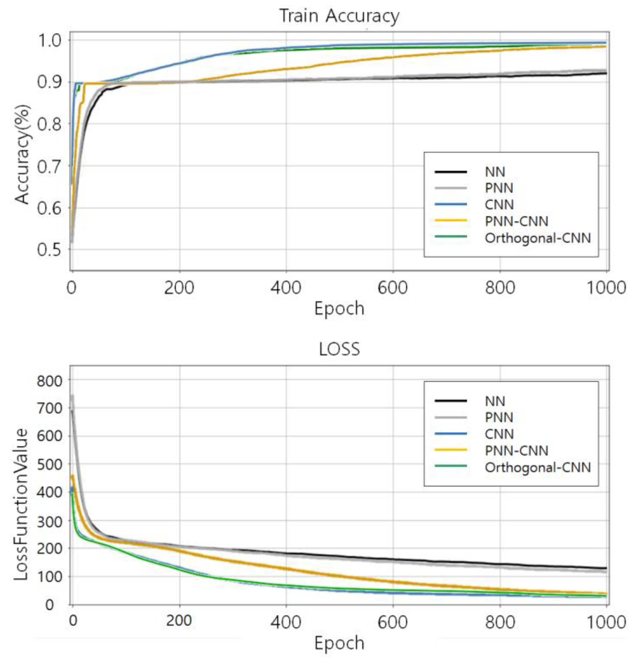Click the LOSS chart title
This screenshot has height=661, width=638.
[x=339, y=350]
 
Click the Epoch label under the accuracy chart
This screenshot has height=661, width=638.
[x=339, y=308]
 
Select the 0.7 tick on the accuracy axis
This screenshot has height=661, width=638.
[x=49, y=166]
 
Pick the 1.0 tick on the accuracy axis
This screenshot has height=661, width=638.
[x=49, y=41]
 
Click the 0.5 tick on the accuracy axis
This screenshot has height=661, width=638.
[x=49, y=250]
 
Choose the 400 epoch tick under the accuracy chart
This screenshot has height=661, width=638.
[x=286, y=288]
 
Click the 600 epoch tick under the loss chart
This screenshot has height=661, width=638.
[x=392, y=621]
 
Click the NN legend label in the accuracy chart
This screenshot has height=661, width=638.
[x=495, y=172]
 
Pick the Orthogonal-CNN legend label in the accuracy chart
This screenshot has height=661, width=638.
[x=537, y=238]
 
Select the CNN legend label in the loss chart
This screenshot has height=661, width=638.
[x=499, y=434]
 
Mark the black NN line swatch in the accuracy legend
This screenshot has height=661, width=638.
[x=450, y=172]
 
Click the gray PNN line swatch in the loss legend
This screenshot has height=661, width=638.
[x=450, y=418]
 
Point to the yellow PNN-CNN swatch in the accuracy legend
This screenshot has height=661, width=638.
[x=450, y=221]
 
